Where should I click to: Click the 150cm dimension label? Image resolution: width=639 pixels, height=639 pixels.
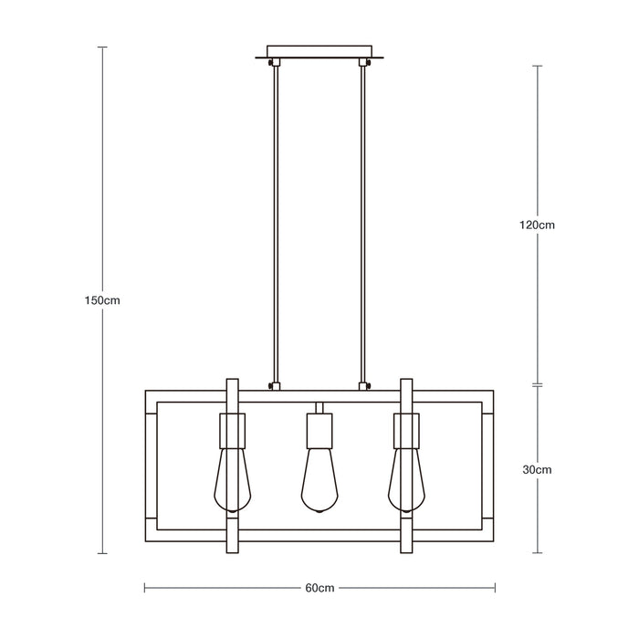(102, 300)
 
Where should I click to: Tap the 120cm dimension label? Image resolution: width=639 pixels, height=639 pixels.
(539, 224)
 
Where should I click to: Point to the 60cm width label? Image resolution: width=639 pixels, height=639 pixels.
(319, 589)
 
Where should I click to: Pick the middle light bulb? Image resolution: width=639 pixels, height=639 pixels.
(319, 477)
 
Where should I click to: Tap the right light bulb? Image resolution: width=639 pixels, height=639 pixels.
(406, 477)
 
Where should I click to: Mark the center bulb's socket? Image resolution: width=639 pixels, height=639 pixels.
(319, 428)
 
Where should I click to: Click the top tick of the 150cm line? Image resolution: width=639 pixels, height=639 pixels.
(102, 47)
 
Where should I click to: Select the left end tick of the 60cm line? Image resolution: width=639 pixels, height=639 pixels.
(145, 589)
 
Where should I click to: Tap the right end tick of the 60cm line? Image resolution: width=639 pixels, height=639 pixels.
(493, 589)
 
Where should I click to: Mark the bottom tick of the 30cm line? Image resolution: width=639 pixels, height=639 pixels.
(539, 553)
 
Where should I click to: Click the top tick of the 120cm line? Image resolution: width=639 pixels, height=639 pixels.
(539, 66)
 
